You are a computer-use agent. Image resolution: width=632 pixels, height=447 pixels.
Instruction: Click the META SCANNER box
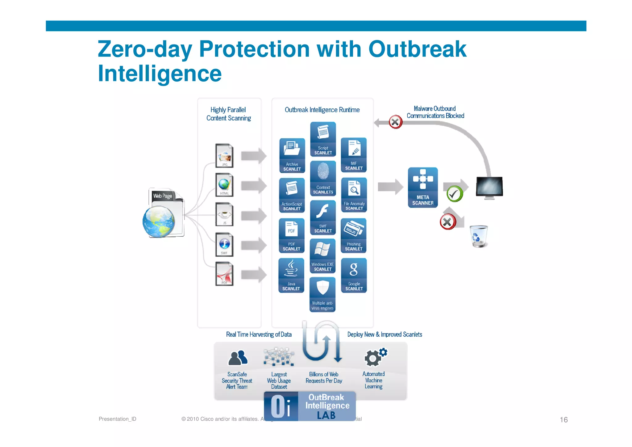pyautogui.click(x=422, y=188)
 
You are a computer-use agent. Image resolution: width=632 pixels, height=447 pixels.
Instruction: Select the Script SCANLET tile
pyautogui.click(x=323, y=139)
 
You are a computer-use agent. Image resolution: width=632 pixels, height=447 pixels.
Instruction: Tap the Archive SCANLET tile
pyautogui.click(x=292, y=155)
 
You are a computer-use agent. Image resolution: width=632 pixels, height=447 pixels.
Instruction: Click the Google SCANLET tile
pyautogui.click(x=354, y=275)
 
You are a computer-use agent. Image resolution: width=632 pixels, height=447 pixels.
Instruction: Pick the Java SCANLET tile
pyautogui.click(x=291, y=275)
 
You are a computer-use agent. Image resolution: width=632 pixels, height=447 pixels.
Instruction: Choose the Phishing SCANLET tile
pyautogui.click(x=354, y=235)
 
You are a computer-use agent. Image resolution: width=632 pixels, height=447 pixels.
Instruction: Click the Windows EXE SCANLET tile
pyautogui.click(x=322, y=256)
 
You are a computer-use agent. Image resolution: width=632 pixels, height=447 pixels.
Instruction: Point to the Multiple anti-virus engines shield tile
pyautogui.click(x=322, y=294)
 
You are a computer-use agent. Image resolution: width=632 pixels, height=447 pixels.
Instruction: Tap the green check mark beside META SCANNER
pyautogui.click(x=455, y=194)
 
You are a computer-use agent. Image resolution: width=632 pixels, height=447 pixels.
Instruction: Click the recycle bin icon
pyautogui.click(x=479, y=236)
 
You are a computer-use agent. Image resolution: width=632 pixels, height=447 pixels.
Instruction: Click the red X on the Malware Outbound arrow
pyautogui.click(x=395, y=122)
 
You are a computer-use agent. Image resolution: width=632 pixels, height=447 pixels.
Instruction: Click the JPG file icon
pyautogui.click(x=224, y=156)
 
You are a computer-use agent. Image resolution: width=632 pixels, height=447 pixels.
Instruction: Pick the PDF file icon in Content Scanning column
pyautogui.click(x=224, y=274)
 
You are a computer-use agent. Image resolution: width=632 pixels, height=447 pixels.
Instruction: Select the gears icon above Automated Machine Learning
pyautogui.click(x=375, y=357)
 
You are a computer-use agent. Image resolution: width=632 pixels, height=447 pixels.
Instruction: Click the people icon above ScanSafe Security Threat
pyautogui.click(x=237, y=358)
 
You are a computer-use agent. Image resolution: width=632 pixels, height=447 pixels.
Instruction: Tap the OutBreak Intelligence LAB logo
pyautogui.click(x=310, y=406)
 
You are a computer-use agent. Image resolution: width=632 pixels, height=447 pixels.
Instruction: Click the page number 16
pyautogui.click(x=563, y=420)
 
